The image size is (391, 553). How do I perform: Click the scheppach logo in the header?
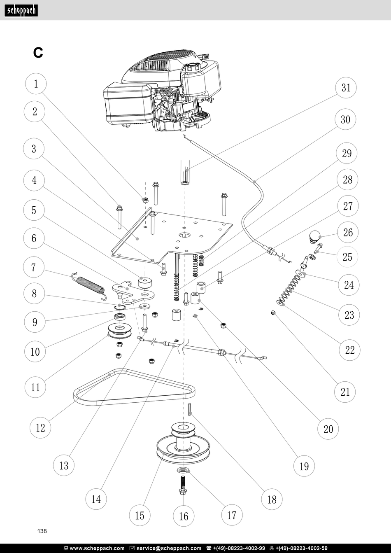21,11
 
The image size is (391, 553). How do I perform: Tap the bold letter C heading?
38,53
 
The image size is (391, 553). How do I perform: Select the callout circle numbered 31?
346,88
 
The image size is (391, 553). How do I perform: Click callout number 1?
36,84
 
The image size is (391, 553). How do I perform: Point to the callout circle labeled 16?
184,516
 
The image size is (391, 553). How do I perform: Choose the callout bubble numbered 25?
347,257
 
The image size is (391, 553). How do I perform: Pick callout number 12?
40,427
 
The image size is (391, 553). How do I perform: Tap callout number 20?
328,429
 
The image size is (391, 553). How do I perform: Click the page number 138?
42,531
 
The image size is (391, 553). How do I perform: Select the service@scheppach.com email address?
169,548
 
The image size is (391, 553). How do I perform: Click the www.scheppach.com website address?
97,548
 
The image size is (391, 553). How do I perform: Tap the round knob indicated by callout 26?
315,236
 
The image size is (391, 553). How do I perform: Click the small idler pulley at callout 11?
120,331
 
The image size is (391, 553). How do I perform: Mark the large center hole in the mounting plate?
185,235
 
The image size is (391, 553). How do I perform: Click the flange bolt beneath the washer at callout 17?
183,485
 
